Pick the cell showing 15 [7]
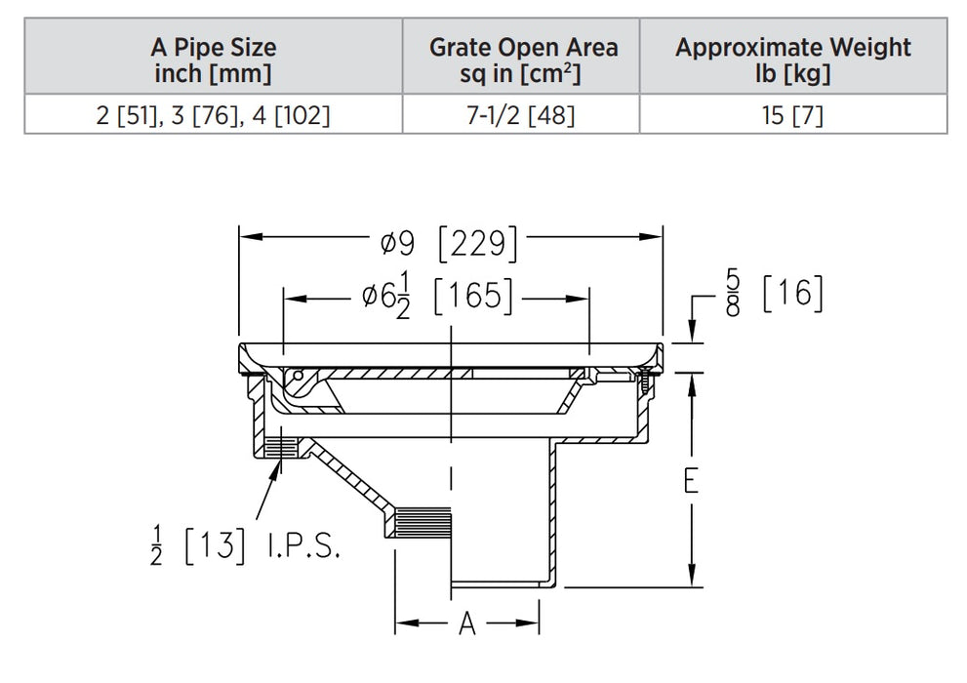click(792, 116)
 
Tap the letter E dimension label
click(691, 480)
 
